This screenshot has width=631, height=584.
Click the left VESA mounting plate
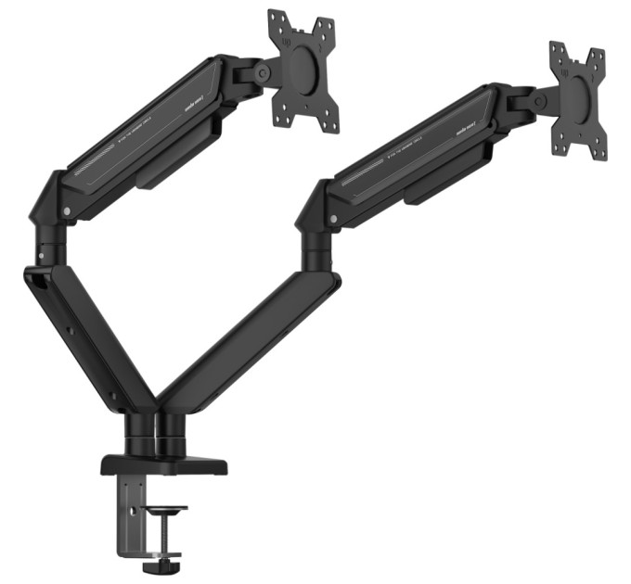pos(303,70)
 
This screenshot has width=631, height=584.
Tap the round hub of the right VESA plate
pos(581,96)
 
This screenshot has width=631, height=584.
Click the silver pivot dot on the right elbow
pos(333,219)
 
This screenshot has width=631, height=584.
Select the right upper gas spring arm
pos(408,153)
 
